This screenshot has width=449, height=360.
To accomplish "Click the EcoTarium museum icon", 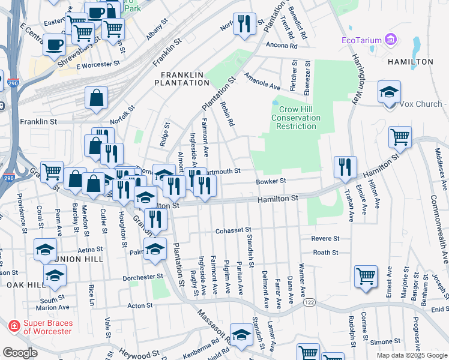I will click(391, 40).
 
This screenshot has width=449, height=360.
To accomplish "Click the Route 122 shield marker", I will click(309, 304).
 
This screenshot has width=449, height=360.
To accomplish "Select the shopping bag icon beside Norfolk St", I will click(96, 98).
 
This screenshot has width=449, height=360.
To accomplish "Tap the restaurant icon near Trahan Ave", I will click(345, 166).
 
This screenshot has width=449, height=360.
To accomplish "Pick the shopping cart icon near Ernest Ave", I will click(366, 276).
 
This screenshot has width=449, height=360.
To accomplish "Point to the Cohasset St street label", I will click(232, 230).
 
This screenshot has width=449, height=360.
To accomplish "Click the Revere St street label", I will click(326, 238).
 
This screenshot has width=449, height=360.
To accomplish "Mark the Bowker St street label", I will click(271, 181).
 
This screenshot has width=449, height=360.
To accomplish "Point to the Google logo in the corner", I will click(20, 353).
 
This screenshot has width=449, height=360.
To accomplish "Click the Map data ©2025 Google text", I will click(411, 355).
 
